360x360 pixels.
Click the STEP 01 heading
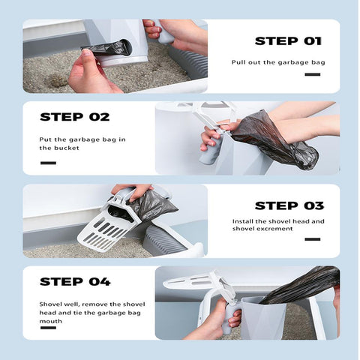pyautogui.click(x=288, y=41)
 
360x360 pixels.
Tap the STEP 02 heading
pyautogui.click(x=75, y=117)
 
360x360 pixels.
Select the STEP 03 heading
pyautogui.click(x=289, y=205)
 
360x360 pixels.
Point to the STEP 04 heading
pyautogui.click(x=75, y=282)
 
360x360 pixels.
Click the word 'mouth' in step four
pyautogui.click(x=50, y=321)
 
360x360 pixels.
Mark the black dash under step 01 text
pyautogui.click(x=313, y=74)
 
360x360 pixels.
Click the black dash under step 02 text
pyautogui.click(x=48, y=163)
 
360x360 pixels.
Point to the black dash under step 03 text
pyautogui.click(x=313, y=239)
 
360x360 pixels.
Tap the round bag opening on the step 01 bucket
pyautogui.click(x=124, y=47)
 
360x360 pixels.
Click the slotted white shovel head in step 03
pyautogui.click(x=105, y=231)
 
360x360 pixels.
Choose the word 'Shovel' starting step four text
pyautogui.click(x=50, y=304)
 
